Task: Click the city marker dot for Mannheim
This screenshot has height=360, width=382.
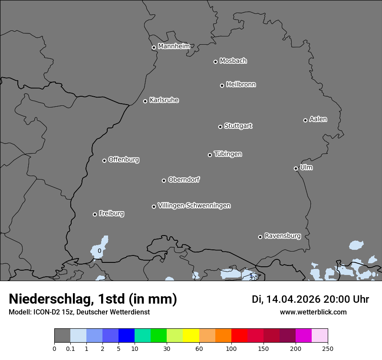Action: [x=154, y=48]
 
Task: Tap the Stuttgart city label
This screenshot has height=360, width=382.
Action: [x=238, y=126]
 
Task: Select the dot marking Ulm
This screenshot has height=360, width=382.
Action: [x=296, y=168]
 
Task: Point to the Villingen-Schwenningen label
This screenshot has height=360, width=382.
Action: [x=194, y=206]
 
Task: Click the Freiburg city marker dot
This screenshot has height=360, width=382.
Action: [x=95, y=214]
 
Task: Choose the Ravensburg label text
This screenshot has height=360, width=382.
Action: [x=282, y=236]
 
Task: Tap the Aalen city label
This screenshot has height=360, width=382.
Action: [x=318, y=119]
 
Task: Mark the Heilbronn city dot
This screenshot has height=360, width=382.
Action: [x=222, y=85]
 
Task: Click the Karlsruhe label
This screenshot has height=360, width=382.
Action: [x=164, y=100]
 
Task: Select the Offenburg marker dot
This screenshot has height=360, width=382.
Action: [x=104, y=160]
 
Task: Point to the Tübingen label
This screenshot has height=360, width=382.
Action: [x=228, y=154]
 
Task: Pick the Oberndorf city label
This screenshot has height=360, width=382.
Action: [x=184, y=180]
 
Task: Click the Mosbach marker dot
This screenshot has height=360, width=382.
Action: [x=215, y=62]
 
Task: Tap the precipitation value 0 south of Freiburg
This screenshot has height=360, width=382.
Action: [x=99, y=251]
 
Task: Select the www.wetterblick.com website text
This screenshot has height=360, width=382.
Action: [x=313, y=312]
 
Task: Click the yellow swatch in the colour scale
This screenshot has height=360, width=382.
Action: [x=191, y=336]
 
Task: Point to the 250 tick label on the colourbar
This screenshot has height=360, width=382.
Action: [x=328, y=348]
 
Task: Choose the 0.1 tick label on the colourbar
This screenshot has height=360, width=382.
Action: [x=70, y=348]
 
